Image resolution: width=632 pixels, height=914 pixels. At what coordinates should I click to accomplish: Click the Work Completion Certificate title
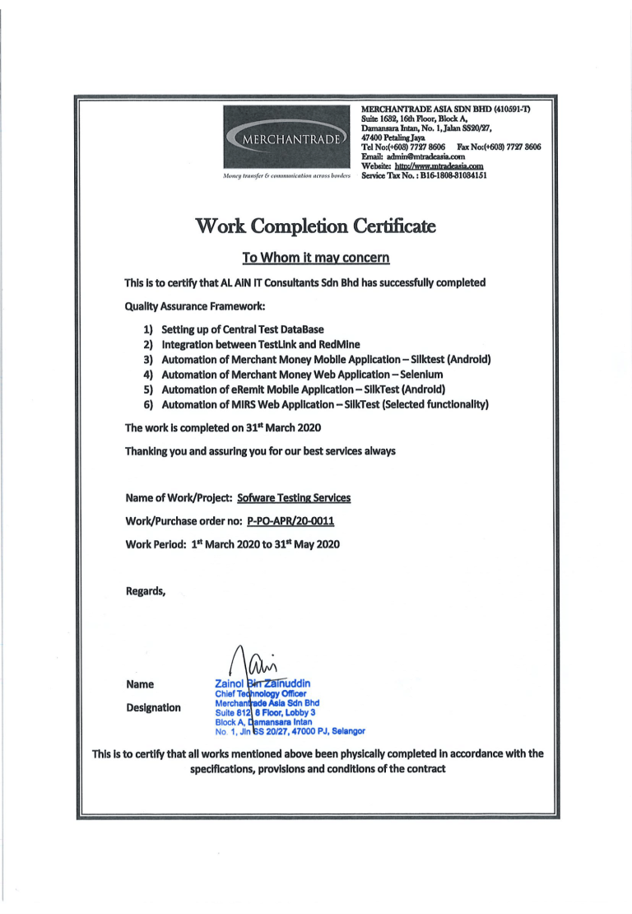315,225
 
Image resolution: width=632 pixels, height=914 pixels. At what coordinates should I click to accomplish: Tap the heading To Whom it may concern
315,258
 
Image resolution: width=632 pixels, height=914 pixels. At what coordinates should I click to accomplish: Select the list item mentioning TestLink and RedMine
259,344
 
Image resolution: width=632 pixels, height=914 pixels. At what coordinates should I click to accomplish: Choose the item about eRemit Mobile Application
293,389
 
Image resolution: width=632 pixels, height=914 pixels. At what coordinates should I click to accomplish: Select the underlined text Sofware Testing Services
294,498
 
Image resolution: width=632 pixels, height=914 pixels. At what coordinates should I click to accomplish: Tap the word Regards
146,590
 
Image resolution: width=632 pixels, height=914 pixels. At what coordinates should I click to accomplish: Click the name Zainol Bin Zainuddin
263,683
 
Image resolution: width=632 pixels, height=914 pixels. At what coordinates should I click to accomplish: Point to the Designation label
153,707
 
